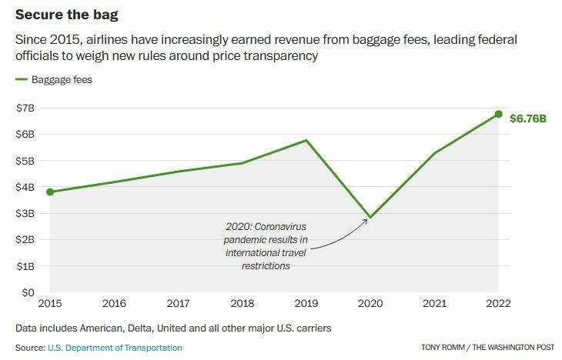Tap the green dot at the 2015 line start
pyautogui.click(x=50, y=192)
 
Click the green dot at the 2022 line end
pyautogui.click(x=498, y=114)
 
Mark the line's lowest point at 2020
pyautogui.click(x=370, y=218)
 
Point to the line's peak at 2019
pyautogui.click(x=306, y=140)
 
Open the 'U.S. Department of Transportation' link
pyautogui.click(x=115, y=348)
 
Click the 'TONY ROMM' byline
pyautogui.click(x=447, y=348)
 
